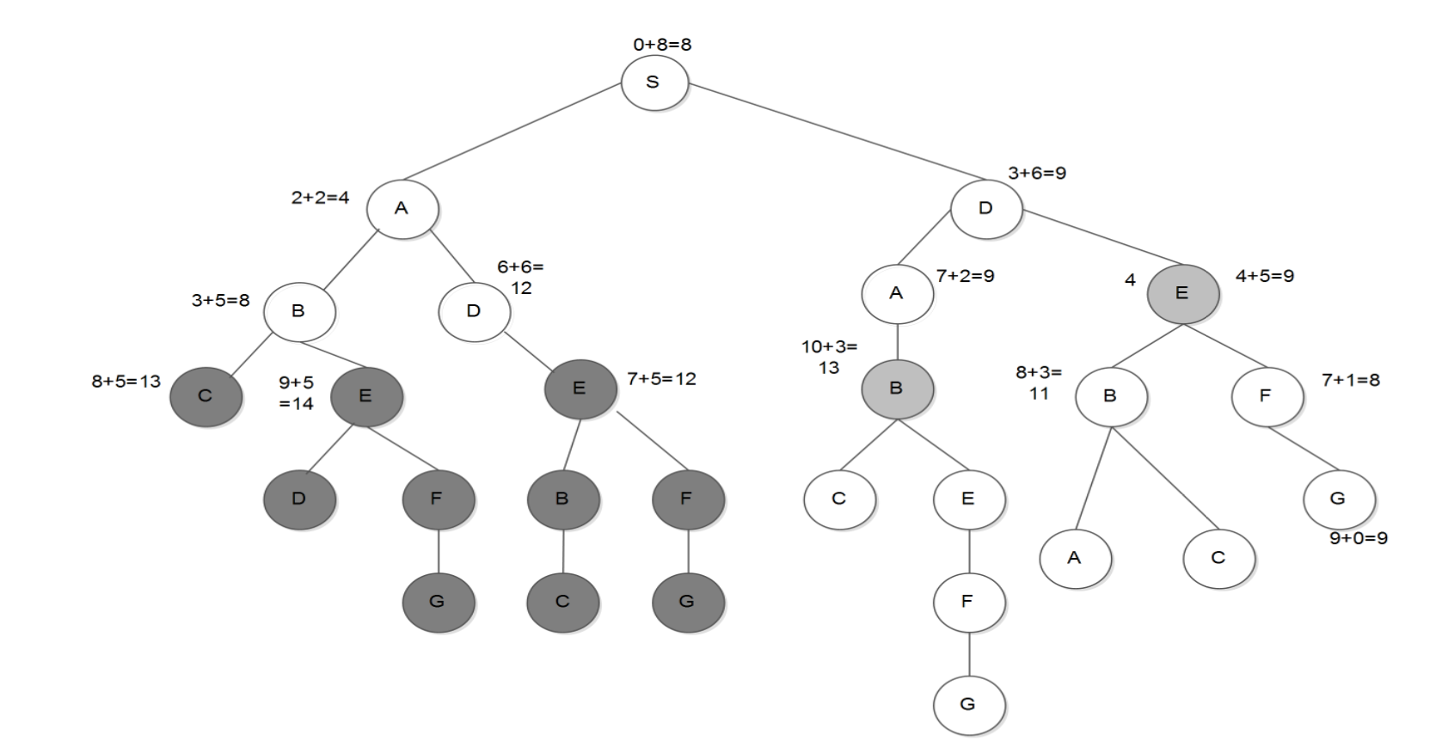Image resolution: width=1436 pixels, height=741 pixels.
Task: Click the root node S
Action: (654, 83)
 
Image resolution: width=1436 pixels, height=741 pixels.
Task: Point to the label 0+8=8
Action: (662, 44)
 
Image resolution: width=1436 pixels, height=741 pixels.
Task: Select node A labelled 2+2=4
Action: (402, 209)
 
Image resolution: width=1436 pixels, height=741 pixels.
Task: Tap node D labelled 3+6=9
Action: (986, 209)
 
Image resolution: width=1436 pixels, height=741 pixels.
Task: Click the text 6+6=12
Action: (520, 277)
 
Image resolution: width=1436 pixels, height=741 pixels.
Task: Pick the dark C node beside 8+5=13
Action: (206, 396)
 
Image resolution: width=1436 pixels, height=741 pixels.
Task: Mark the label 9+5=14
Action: (297, 392)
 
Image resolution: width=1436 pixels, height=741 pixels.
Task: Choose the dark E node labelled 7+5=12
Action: (580, 389)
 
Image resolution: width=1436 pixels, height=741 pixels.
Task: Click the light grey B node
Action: (897, 389)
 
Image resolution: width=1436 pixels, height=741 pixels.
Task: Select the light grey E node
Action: (1182, 294)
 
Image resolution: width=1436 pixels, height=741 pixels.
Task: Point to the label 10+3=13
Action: (829, 357)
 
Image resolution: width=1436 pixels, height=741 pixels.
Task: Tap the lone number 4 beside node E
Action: (1130, 279)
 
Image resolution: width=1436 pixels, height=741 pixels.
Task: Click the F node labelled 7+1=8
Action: (1266, 396)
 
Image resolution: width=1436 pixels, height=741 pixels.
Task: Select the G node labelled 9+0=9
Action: (1338, 499)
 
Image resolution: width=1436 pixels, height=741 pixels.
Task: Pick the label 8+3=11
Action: (1039, 383)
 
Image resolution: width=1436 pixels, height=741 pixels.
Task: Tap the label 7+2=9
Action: (965, 276)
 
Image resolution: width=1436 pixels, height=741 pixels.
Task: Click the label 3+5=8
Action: (220, 300)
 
